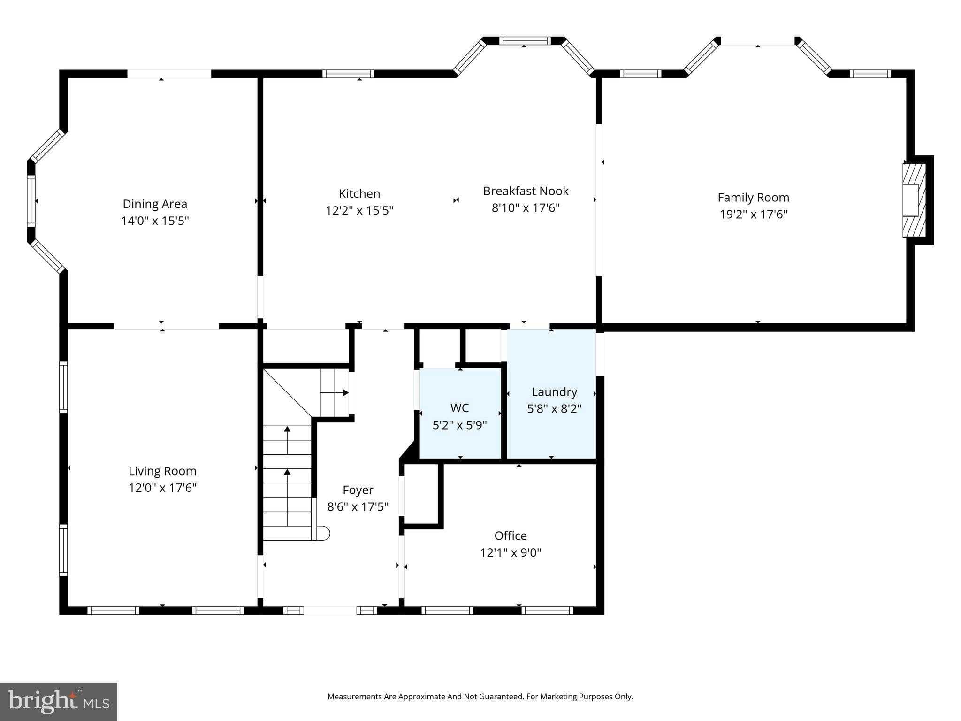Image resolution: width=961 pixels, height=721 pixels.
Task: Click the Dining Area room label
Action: tap(155, 204)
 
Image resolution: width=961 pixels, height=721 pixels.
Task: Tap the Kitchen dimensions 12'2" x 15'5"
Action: tap(359, 211)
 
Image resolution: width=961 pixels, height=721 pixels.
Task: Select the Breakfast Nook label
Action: tap(526, 191)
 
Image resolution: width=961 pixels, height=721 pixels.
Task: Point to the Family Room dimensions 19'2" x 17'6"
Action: tap(753, 215)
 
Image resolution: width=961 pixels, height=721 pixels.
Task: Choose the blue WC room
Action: tap(460, 413)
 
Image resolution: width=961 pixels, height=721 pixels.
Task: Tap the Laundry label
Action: tap(554, 392)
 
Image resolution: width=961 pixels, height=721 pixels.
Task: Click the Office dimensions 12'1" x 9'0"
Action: tap(511, 553)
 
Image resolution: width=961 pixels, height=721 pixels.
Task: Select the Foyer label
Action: tap(358, 490)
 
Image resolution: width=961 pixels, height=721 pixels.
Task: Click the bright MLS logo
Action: tap(59, 701)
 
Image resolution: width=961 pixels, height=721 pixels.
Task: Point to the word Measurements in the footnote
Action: tap(354, 697)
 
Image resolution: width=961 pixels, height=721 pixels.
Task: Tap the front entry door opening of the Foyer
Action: tap(330, 611)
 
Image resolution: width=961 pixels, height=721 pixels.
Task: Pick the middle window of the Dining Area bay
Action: tap(31, 201)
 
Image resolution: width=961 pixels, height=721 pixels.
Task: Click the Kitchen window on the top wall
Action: tap(348, 74)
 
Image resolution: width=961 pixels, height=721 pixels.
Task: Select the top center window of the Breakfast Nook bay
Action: tap(525, 40)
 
